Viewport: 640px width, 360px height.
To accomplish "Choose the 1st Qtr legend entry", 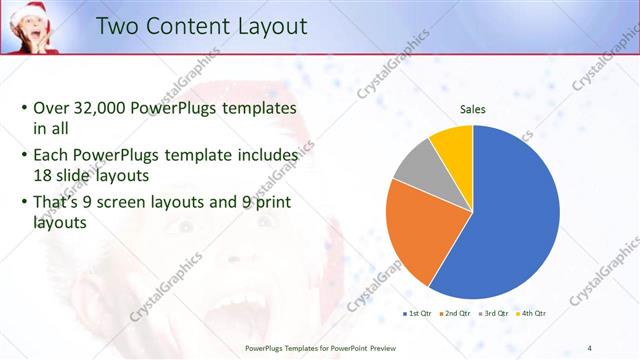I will click(x=419, y=313).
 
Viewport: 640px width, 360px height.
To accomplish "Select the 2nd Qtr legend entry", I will click(x=456, y=313).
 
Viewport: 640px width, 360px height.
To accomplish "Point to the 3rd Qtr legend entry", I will click(x=494, y=313).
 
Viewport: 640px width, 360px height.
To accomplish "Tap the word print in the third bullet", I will click(x=276, y=202).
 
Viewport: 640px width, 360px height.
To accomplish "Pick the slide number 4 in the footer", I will click(x=590, y=348).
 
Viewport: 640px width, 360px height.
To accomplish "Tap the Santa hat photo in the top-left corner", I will click(x=31, y=26).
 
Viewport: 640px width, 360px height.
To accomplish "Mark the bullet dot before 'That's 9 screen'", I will click(x=24, y=202).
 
